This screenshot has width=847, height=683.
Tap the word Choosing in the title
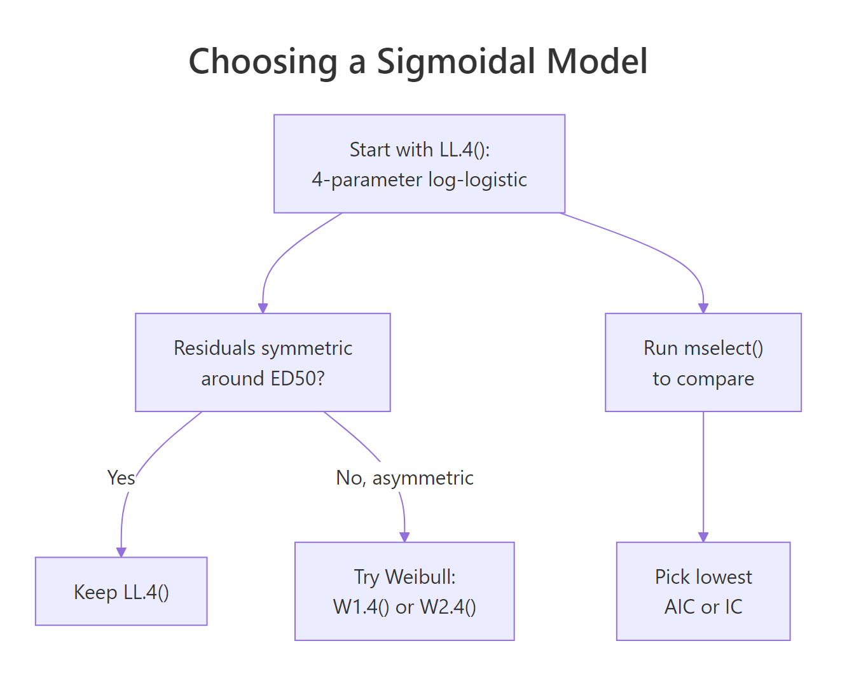coord(263,62)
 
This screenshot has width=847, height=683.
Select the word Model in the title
coord(597,62)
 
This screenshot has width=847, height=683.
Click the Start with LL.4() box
coord(419,163)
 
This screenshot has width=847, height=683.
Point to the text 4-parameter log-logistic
coord(419,180)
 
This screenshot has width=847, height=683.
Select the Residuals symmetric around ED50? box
coord(263,362)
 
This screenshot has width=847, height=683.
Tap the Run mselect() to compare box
coord(703,362)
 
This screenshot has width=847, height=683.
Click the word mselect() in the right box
coord(724,348)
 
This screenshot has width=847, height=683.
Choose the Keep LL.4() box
coord(121,591)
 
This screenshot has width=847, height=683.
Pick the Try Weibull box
coord(404,591)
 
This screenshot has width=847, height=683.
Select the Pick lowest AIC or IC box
coord(703,591)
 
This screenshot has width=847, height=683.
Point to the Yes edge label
coord(121,478)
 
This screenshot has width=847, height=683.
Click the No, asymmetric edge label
coord(404,478)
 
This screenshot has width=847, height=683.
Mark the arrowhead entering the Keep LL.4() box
coord(121,552)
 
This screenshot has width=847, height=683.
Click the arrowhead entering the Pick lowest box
coord(703,537)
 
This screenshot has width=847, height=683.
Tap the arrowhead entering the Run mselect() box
coord(703,308)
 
